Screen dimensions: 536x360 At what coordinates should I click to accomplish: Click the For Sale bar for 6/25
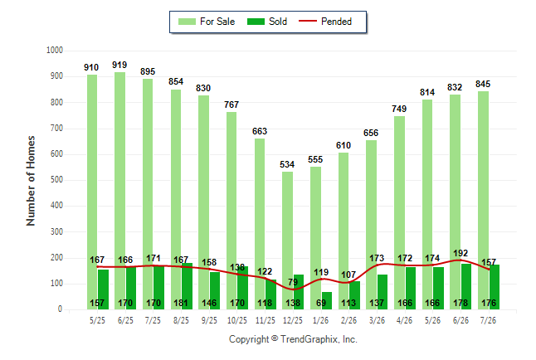pyautogui.click(x=120, y=191)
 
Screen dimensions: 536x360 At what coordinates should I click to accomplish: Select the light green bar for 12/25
pyautogui.click(x=287, y=241)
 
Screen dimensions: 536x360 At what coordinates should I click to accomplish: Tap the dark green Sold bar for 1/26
pyautogui.click(x=326, y=300)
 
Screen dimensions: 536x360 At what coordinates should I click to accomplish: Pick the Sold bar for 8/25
pyautogui.click(x=187, y=286)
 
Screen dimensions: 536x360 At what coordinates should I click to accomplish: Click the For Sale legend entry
pyautogui.click(x=207, y=22)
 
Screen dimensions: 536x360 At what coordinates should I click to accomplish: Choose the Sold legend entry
pyautogui.click(x=267, y=22)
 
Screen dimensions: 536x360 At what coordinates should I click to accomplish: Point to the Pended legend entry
pyautogui.click(x=325, y=22)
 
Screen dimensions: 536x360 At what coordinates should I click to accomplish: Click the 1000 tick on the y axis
pyautogui.click(x=55, y=51)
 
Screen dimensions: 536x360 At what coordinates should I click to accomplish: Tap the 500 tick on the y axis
pyautogui.click(x=56, y=180)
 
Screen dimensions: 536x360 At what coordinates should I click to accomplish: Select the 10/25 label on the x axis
pyautogui.click(x=237, y=320)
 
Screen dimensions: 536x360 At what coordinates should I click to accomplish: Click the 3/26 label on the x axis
pyautogui.click(x=377, y=320)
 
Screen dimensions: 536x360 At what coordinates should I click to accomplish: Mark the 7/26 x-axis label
pyautogui.click(x=488, y=320)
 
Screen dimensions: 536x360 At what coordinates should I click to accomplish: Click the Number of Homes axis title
pyautogui.click(x=31, y=181)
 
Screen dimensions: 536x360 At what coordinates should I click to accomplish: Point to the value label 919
pyautogui.click(x=119, y=65)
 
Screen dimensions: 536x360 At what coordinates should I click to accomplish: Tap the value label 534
pyautogui.click(x=287, y=164)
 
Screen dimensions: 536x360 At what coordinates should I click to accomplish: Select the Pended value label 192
pyautogui.click(x=460, y=253)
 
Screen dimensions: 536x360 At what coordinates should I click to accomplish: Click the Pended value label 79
pyautogui.click(x=293, y=282)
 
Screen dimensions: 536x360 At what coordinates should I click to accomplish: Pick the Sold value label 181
pyautogui.click(x=181, y=304)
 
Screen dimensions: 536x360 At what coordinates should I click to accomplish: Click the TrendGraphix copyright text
pyautogui.click(x=293, y=339)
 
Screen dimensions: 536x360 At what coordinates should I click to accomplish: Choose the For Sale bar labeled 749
pyautogui.click(x=399, y=212)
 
